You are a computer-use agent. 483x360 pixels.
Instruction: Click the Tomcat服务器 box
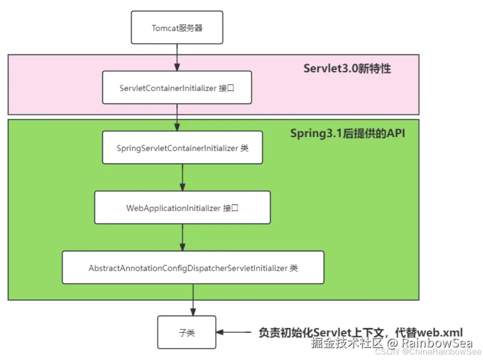click(x=177, y=28)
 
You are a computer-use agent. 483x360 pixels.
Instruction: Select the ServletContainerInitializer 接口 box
click(x=177, y=87)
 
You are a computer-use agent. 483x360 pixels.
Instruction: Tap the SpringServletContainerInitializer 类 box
click(x=182, y=147)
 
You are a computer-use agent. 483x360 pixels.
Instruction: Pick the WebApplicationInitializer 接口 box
click(x=182, y=207)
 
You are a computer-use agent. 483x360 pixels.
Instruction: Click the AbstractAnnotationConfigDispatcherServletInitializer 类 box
click(x=193, y=267)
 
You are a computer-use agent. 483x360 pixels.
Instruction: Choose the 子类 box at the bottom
click(x=187, y=332)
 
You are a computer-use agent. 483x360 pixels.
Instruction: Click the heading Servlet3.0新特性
click(x=347, y=68)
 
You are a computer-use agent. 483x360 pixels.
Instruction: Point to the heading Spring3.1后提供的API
click(x=347, y=133)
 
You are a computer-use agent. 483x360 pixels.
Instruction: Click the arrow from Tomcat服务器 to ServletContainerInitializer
click(x=177, y=57)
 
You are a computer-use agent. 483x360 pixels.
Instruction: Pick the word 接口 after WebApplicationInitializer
click(x=231, y=208)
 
